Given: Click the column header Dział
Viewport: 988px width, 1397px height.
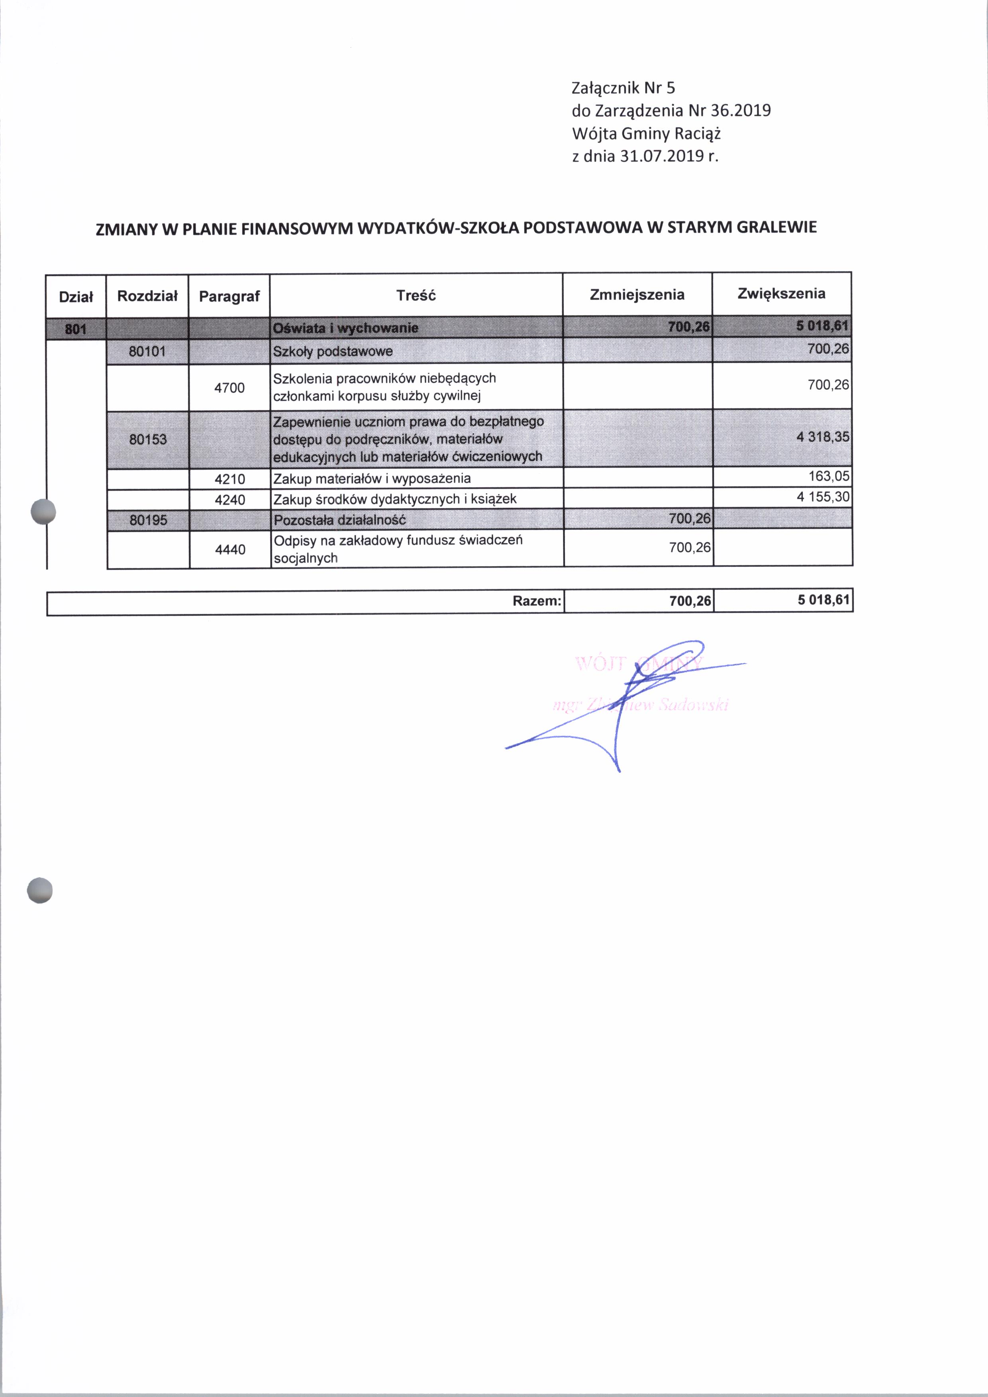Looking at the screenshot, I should pos(76,297).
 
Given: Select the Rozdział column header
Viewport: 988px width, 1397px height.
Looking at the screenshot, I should pos(147,296).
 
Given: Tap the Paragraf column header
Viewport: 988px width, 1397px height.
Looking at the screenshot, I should pos(229,296).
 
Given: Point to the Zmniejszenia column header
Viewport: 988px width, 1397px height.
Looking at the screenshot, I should pos(637,295).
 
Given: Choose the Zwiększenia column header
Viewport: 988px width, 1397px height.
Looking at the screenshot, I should pos(781,294).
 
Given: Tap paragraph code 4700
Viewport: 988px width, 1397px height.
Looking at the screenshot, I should pos(229,388).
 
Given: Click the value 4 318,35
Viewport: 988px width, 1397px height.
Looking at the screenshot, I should pos(823,437).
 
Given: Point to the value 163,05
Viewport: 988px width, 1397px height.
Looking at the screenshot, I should pos(829,476).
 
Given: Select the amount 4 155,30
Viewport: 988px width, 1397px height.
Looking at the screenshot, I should pos(823,496).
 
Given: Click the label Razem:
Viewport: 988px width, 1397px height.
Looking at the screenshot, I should pos(537,601).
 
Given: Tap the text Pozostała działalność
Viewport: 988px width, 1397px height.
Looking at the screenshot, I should pos(339,520).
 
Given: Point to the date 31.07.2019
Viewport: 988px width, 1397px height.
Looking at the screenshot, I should pos(661,157).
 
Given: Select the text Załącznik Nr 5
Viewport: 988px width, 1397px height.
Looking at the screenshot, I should pos(623,88).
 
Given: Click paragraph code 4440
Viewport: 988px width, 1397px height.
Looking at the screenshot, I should pos(231,549).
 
